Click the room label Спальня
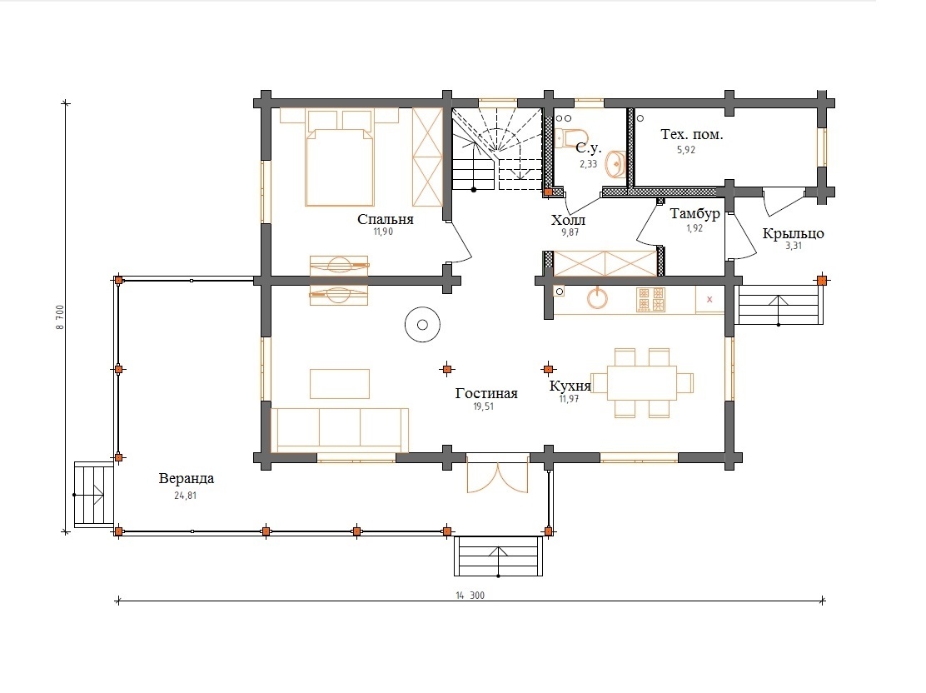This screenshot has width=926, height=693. click(x=385, y=219)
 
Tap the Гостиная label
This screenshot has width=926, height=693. click(x=486, y=393)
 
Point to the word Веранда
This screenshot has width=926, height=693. click(x=186, y=479)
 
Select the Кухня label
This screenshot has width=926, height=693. click(x=570, y=386)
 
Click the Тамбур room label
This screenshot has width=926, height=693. click(x=694, y=214)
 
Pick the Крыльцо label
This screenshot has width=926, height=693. click(x=793, y=233)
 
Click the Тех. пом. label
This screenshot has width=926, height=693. click(x=691, y=135)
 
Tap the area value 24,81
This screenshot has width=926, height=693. click(x=185, y=496)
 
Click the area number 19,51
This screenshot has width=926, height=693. click(x=483, y=406)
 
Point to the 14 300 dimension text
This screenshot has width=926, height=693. click(x=470, y=596)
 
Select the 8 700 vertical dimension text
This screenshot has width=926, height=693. click(x=60, y=318)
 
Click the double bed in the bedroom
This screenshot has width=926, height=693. click(x=340, y=157)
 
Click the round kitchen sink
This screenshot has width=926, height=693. click(x=598, y=298)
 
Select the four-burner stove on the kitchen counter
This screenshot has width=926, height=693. click(x=650, y=300)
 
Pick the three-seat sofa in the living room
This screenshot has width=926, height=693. click(x=339, y=428)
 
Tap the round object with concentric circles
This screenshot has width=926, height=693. click(x=422, y=324)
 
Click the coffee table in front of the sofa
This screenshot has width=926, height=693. click(x=340, y=383)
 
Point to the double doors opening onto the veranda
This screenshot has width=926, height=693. click(x=497, y=474)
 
